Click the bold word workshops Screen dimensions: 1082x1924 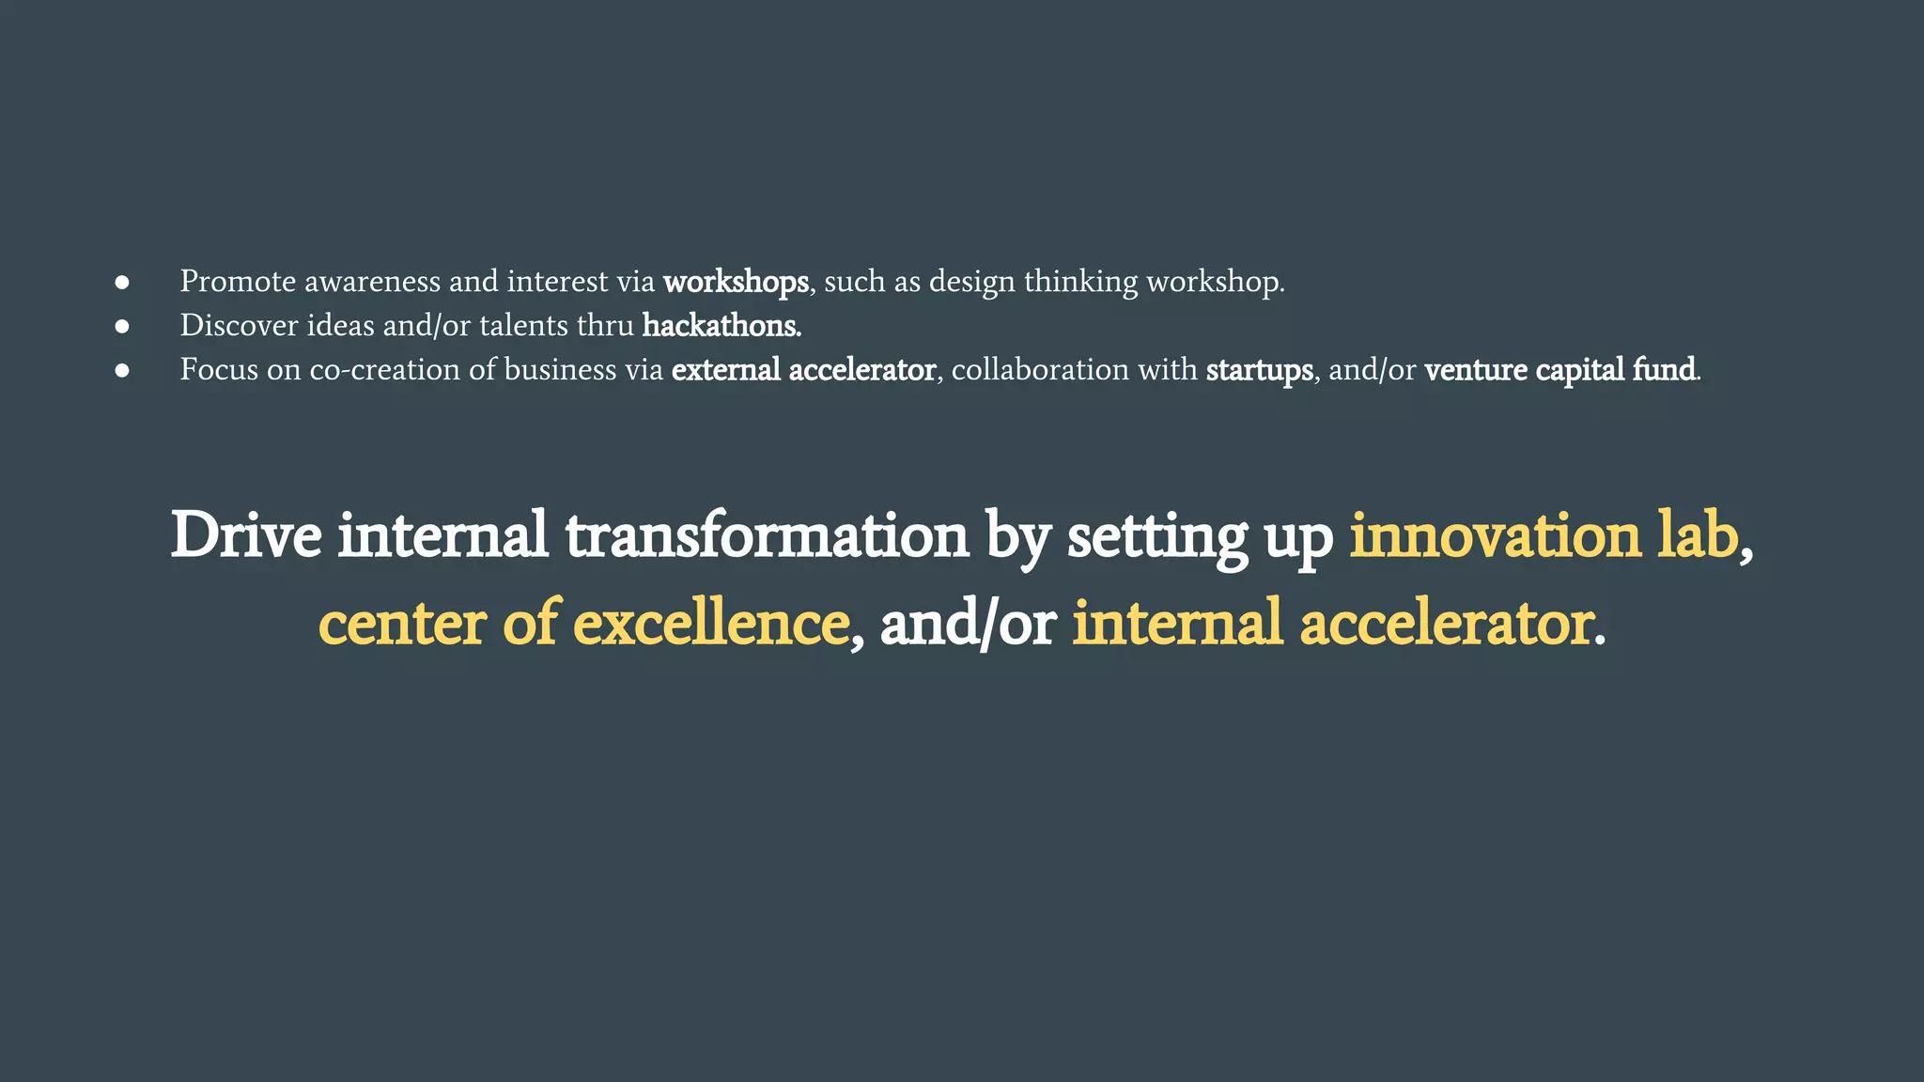pyautogui.click(x=735, y=282)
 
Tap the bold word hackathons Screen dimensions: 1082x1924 pyautogui.click(x=721, y=326)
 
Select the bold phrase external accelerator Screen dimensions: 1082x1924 pyautogui.click(x=803, y=370)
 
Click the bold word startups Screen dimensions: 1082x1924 pyautogui.click(x=1259, y=370)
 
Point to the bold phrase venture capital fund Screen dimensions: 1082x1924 pyautogui.click(x=1559, y=370)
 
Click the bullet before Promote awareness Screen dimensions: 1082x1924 pyautogui.click(x=122, y=282)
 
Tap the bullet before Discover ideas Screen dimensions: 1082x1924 pyautogui.click(x=122, y=326)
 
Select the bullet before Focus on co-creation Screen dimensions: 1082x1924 pyautogui.click(x=122, y=370)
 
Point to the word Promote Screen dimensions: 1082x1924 pyautogui.click(x=238, y=282)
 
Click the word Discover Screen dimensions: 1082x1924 pyautogui.click(x=239, y=326)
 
